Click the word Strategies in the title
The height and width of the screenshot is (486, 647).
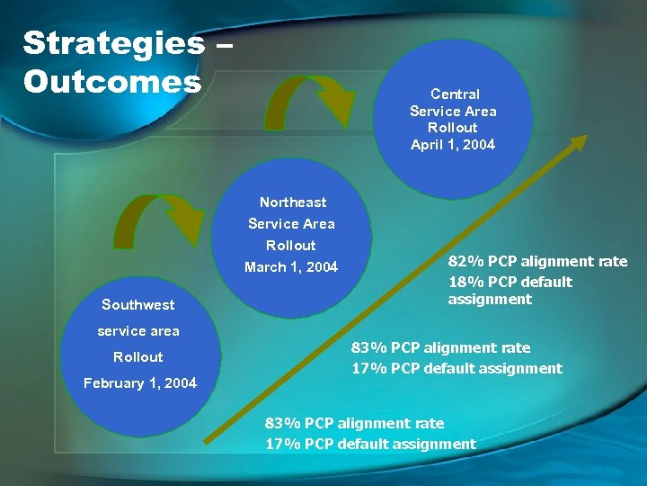pyautogui.click(x=113, y=43)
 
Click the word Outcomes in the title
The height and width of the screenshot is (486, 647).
pyautogui.click(x=112, y=82)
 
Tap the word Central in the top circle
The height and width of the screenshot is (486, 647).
pyautogui.click(x=455, y=94)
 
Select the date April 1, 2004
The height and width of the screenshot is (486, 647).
pyautogui.click(x=453, y=144)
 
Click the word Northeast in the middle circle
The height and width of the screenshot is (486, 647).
pyautogui.click(x=293, y=202)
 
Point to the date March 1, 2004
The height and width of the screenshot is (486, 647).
pyautogui.click(x=291, y=266)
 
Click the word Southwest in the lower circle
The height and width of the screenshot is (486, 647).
pyautogui.click(x=138, y=304)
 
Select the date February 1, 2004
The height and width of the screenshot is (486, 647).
pyautogui.click(x=140, y=382)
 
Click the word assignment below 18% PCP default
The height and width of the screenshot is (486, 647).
pyautogui.click(x=490, y=299)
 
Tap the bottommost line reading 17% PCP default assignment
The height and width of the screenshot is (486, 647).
pyautogui.click(x=370, y=443)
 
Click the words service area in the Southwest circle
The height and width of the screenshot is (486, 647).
pyautogui.click(x=138, y=330)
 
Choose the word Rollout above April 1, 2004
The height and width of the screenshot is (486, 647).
pyautogui.click(x=453, y=127)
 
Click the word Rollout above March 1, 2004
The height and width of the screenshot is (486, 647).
pyautogui.click(x=291, y=245)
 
